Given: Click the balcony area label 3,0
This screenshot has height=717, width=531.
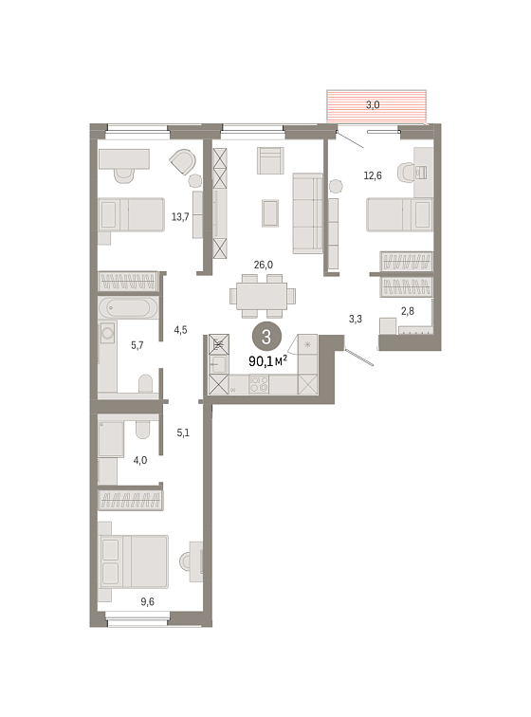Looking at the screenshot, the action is pyautogui.click(x=373, y=105).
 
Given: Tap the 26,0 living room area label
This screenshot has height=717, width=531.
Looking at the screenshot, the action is pyautogui.click(x=263, y=265).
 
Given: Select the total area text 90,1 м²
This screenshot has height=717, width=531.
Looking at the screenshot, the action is pyautogui.click(x=267, y=361).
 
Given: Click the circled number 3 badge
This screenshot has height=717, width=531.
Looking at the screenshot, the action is pyautogui.click(x=266, y=337).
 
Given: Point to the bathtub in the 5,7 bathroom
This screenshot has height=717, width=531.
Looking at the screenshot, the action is pyautogui.click(x=128, y=307).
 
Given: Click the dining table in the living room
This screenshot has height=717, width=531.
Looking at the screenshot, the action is pyautogui.click(x=262, y=296).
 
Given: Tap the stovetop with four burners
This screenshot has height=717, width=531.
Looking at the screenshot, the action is pyautogui.click(x=259, y=384).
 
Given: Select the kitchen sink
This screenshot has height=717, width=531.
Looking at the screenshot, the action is pyautogui.click(x=218, y=364).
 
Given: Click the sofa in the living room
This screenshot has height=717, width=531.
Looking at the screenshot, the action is pyautogui.click(x=307, y=213).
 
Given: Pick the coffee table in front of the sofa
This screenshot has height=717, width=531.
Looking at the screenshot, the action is pyautogui.click(x=270, y=213).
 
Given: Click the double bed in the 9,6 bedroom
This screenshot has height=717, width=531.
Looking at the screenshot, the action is pyautogui.click(x=133, y=561).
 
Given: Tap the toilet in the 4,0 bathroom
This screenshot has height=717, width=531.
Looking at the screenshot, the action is pyautogui.click(x=142, y=429).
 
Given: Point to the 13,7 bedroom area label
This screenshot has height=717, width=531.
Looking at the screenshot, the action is pyautogui.click(x=180, y=217).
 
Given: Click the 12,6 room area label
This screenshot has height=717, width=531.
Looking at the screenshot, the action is pyautogui.click(x=373, y=175).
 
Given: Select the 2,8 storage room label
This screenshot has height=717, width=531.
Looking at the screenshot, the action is pyautogui.click(x=408, y=311).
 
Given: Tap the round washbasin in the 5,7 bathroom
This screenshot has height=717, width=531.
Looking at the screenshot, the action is pyautogui.click(x=107, y=333).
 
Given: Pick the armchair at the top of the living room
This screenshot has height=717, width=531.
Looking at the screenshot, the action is pyautogui.click(x=270, y=160).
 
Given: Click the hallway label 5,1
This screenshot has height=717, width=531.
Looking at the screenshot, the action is pyautogui.click(x=183, y=432).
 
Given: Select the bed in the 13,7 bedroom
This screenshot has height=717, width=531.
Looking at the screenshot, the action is pyautogui.click(x=131, y=214).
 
